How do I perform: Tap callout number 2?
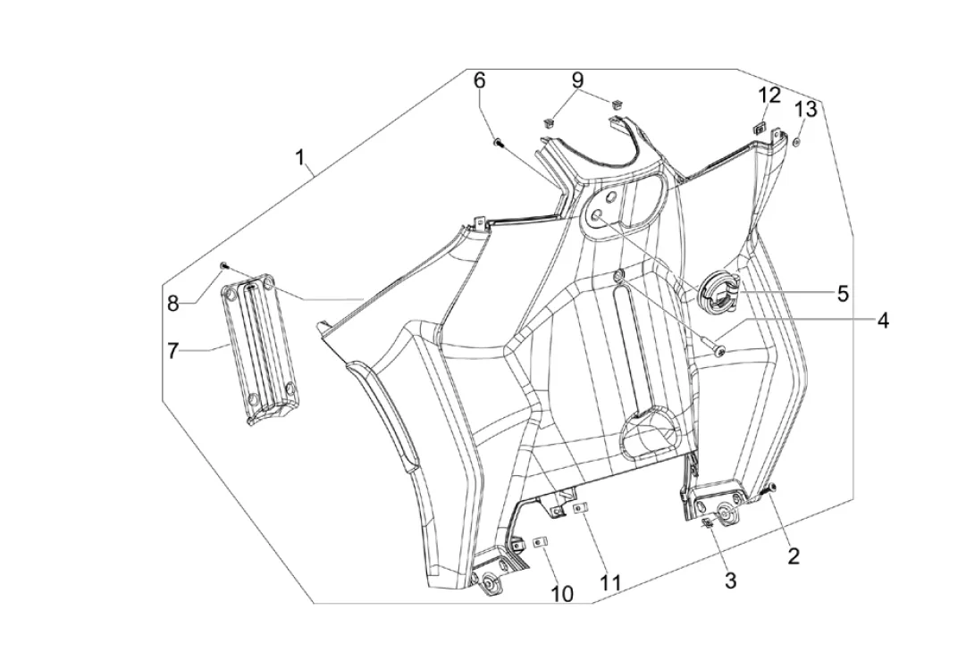click(x=794, y=556)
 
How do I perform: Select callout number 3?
click(x=730, y=580)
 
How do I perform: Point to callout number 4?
click(x=883, y=320)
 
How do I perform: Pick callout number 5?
click(x=842, y=293)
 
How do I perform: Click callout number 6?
click(x=479, y=80)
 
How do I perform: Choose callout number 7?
click(x=172, y=351)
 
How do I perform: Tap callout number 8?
click(x=173, y=303)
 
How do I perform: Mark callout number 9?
click(x=577, y=79)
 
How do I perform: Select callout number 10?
click(x=562, y=594)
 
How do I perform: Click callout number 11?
click(x=611, y=582)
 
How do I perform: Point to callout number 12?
click(x=769, y=95)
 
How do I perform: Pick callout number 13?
click(x=805, y=109)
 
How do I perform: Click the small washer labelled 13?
click(x=796, y=142)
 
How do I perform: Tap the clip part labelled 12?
click(x=759, y=128)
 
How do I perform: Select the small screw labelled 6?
click(x=499, y=143)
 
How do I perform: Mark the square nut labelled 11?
click(x=579, y=508)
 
